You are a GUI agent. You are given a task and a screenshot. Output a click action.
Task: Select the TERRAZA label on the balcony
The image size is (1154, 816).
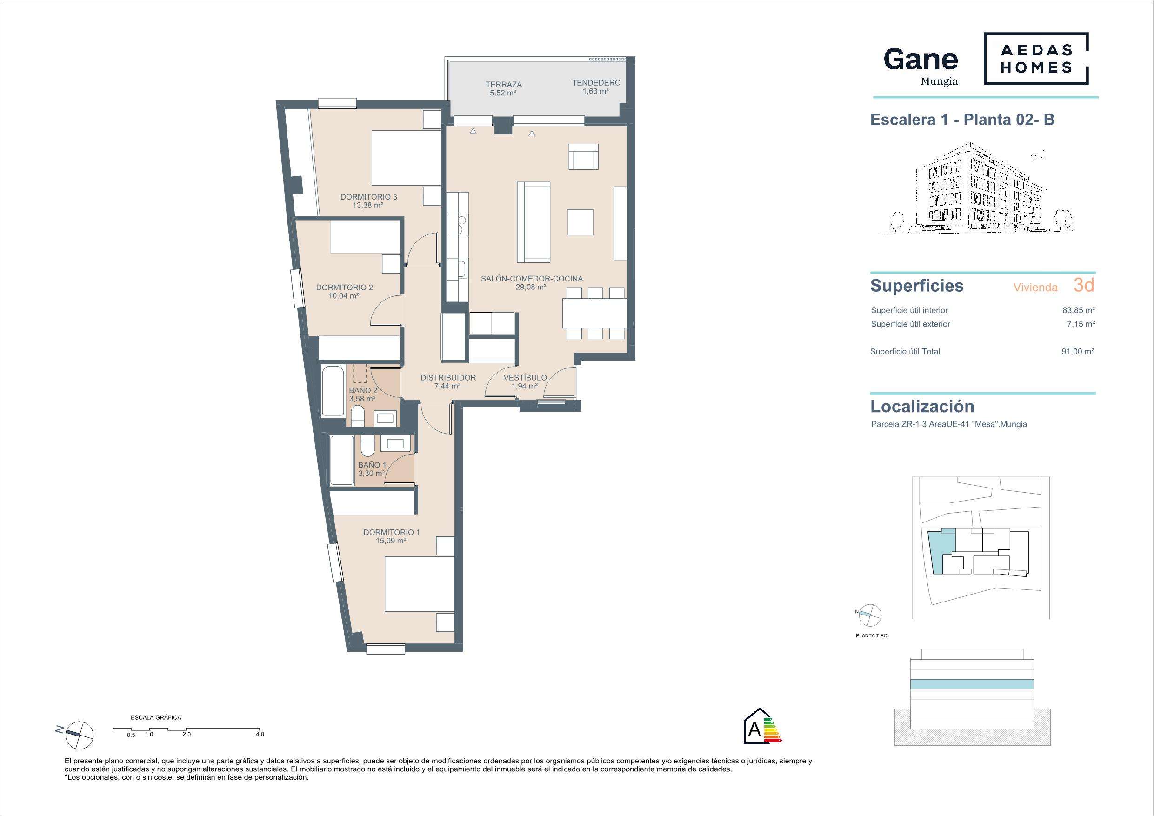pos(503,85)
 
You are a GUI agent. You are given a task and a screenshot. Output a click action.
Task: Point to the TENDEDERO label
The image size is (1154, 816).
pos(596,82)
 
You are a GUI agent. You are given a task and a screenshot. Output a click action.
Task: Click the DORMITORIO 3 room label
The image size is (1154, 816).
pos(368,197)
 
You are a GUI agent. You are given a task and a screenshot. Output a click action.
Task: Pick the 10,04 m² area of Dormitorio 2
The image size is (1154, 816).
pos(343,296)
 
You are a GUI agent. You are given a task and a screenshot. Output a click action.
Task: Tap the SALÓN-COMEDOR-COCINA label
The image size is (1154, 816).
pos(532,279)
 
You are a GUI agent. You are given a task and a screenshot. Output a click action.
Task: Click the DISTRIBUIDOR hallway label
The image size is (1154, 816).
pos(448,378)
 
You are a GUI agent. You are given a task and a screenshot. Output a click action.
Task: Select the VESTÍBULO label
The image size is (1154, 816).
pos(525,378)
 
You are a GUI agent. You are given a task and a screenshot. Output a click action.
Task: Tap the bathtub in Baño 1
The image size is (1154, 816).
pos(342,460)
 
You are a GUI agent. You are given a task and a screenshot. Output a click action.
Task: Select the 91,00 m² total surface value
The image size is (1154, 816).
pos(1078,351)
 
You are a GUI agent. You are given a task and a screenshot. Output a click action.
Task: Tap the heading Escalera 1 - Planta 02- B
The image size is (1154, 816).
pos(962,120)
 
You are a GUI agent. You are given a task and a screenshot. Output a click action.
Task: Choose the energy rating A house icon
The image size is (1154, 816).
pos(762,727)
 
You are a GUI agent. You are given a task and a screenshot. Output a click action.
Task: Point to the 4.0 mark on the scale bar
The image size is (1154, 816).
pos(260,734)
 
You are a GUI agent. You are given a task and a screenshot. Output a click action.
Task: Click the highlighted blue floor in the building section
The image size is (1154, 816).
pos(972,684)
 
